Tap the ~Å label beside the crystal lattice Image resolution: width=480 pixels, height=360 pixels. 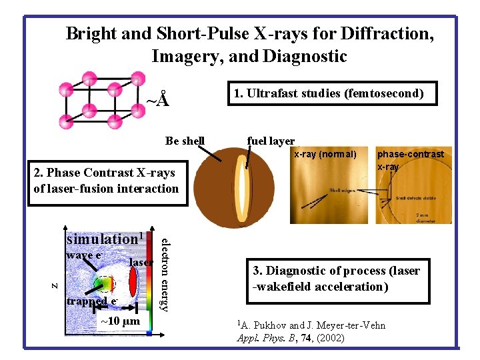pyautogui.click(x=157, y=101)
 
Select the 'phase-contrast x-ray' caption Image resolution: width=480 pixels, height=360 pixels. pyautogui.click(x=410, y=160)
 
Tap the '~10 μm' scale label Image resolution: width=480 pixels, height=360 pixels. pyautogui.click(x=120, y=322)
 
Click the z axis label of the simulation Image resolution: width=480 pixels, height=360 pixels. pyautogui.click(x=55, y=285)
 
